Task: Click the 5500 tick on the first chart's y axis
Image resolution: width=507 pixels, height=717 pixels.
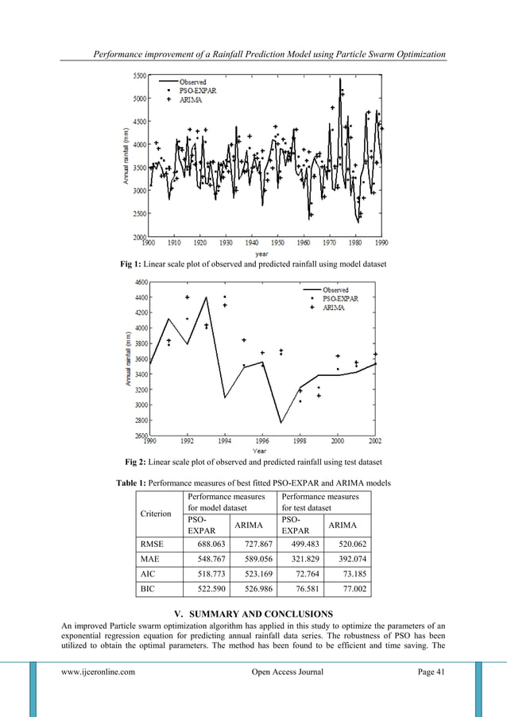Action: [x=138, y=76]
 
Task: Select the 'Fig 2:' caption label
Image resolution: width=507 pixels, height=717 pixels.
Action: [x=139, y=462]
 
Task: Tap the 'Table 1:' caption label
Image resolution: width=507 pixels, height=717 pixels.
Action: [x=132, y=483]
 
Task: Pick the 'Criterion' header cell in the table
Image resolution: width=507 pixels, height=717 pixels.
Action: [x=156, y=514]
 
